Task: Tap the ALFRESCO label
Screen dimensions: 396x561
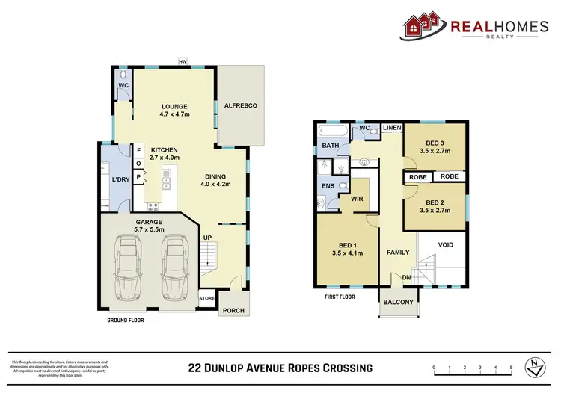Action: tap(240, 106)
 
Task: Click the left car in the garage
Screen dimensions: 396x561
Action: tap(126, 266)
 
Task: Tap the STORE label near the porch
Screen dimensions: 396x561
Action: tap(206, 299)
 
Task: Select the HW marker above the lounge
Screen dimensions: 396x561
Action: tap(182, 62)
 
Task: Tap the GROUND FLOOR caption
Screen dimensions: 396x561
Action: tap(124, 320)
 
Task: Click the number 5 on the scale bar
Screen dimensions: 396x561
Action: tap(511, 368)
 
